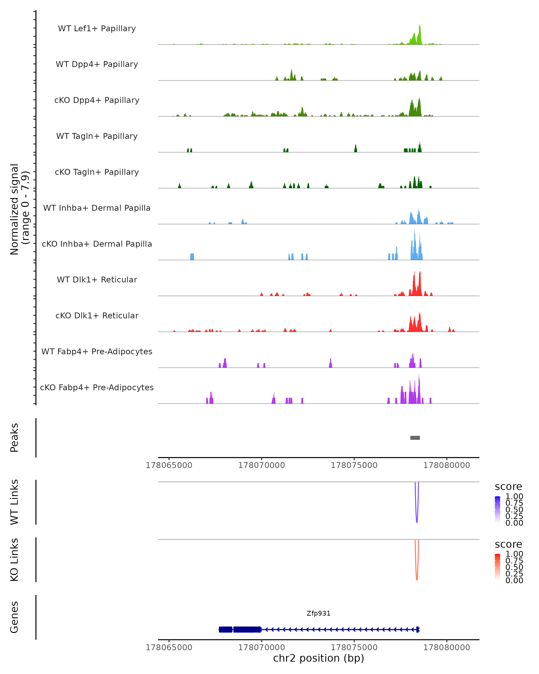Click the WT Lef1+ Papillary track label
(x=97, y=29)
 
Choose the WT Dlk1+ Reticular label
(x=97, y=279)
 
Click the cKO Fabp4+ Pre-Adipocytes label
(x=97, y=387)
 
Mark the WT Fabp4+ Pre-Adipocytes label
(x=97, y=351)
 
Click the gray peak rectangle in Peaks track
(x=415, y=438)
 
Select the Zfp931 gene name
(x=318, y=613)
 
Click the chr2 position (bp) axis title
(x=318, y=658)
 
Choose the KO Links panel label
(x=14, y=560)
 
